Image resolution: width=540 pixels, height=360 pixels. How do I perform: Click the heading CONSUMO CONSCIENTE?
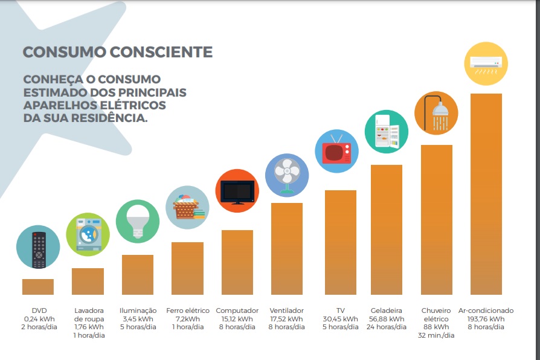118,52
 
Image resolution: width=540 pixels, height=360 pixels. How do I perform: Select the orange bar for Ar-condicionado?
486,193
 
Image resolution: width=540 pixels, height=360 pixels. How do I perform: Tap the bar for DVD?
38,286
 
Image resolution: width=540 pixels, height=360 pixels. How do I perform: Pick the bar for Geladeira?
387,230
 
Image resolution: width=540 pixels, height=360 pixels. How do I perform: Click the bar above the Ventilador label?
287,248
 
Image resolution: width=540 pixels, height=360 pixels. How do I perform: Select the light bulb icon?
138,221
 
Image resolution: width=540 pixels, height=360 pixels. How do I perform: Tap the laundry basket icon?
187,207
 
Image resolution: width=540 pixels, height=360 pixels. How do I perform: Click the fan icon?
287,176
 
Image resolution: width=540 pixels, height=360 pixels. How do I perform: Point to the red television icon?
337,151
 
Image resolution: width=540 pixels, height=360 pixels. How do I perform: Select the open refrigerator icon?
387,132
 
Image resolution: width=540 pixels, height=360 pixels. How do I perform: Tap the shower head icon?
436,112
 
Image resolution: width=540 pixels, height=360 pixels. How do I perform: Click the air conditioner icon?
486,63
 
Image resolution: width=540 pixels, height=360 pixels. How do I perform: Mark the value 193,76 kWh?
486,319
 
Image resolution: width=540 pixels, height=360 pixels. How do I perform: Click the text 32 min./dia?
436,335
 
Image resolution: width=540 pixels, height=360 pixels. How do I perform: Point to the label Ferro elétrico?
187,310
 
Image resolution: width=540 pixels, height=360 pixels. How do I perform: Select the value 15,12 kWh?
237,319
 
